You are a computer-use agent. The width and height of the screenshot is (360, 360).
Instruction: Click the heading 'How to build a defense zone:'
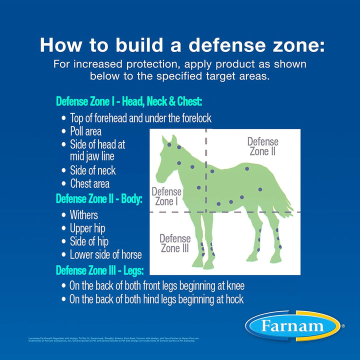[182, 44]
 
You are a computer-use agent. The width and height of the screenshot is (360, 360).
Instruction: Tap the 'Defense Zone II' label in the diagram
[262, 146]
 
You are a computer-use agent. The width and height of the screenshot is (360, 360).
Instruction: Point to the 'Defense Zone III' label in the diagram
[175, 243]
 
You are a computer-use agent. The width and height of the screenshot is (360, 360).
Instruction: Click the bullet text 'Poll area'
[85, 131]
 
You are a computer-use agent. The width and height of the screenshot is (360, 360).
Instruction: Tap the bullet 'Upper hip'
[87, 228]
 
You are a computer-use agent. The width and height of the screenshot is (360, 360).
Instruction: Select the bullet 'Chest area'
[89, 183]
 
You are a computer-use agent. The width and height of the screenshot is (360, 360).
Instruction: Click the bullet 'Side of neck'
[92, 170]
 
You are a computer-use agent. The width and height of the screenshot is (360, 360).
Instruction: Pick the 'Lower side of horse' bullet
[105, 254]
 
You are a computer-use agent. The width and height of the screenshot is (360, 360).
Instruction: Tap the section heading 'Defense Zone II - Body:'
[99, 198]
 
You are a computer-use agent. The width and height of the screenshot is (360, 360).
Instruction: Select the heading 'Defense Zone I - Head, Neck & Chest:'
[129, 101]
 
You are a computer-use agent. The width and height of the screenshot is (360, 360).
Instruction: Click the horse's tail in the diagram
[287, 202]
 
